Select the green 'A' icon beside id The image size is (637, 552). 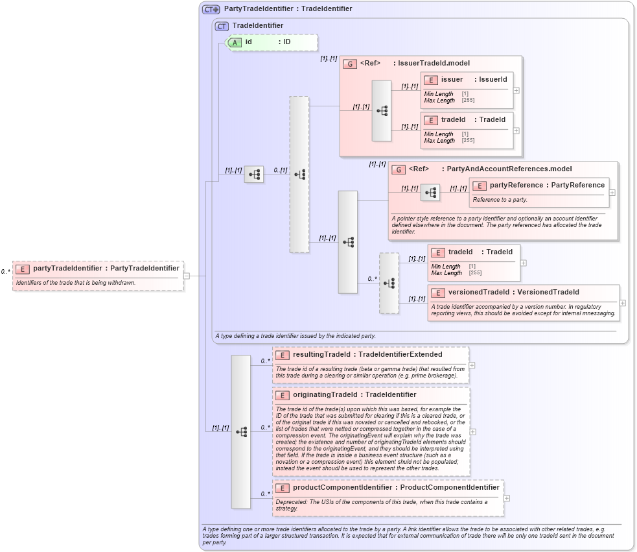[236, 42]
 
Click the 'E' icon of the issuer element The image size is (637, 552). [430, 80]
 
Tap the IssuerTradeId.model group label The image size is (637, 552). [434, 63]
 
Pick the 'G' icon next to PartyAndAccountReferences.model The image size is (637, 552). [399, 169]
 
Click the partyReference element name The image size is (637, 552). [516, 186]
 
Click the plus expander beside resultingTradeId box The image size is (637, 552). [472, 365]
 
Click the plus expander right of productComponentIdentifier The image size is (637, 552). [507, 498]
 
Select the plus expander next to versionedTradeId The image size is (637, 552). [623, 303]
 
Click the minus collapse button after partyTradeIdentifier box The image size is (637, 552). [187, 276]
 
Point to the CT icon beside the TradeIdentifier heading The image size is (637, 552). [222, 26]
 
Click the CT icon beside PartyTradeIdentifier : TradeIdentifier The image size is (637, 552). [211, 9]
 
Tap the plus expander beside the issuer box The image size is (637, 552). [516, 90]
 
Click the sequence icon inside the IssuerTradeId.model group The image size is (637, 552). [382, 111]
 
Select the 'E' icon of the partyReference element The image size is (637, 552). [479, 186]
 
